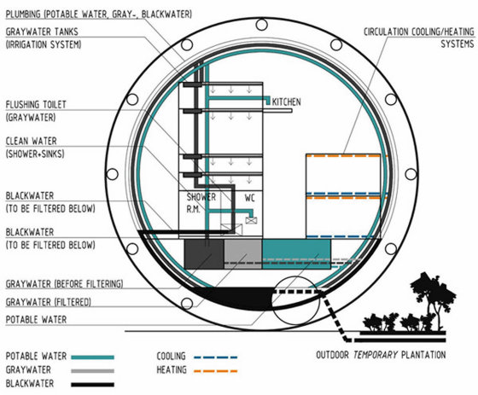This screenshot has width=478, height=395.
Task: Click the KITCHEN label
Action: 286,102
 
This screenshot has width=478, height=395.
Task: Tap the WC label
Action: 249,198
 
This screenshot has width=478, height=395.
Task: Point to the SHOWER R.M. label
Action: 201,203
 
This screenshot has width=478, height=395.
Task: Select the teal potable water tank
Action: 296,254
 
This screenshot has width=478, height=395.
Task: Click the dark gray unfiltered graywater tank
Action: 204,254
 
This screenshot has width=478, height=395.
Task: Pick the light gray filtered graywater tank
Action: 243,254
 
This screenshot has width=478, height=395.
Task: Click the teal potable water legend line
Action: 93,357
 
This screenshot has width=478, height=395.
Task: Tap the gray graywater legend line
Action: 93,371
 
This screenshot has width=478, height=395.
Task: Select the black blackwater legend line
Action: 93,385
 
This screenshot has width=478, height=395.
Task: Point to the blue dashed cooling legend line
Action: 215,357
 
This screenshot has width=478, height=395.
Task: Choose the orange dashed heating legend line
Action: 215,371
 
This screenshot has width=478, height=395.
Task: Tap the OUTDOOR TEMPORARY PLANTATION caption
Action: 381,355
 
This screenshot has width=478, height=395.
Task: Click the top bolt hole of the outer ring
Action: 261,25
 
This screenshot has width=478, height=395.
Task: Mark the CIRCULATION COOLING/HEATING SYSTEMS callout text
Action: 419,38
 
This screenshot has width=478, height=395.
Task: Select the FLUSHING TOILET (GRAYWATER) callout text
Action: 36,111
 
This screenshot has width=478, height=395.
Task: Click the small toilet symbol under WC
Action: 251,220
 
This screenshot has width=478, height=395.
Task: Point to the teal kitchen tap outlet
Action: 268,102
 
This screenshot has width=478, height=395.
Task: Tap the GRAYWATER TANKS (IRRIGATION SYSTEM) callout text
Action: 44,38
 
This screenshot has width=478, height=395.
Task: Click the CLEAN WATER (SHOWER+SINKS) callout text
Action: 35,148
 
